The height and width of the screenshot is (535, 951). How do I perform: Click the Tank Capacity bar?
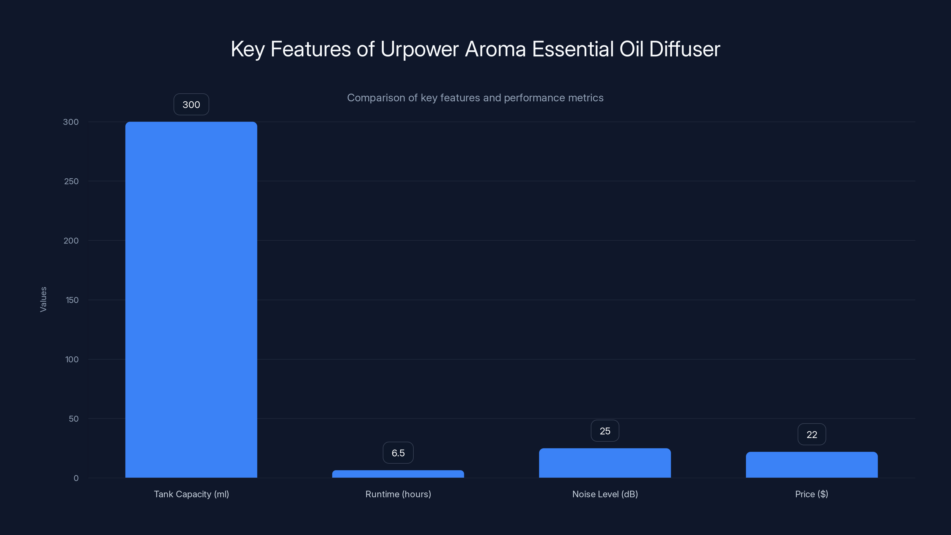point(191,299)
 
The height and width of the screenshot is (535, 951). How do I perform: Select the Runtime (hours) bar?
point(398,474)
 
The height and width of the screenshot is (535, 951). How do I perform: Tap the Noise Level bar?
point(605,463)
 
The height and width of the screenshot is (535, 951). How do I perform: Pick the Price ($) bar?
point(811,465)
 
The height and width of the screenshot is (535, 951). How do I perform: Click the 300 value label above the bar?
point(191,105)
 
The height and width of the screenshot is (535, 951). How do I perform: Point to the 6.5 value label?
point(398,453)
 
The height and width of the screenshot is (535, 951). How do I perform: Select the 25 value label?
point(605,431)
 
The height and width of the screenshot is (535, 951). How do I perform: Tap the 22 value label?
point(811,435)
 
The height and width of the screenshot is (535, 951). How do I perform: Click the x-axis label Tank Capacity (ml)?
point(191,494)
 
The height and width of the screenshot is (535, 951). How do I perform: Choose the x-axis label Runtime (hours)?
point(398,494)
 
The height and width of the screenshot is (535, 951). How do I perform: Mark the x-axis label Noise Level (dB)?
point(605,494)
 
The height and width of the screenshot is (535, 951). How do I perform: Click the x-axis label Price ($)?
point(811,494)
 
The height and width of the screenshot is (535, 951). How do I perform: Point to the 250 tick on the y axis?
point(71,181)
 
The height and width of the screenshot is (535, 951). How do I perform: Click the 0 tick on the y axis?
point(76,478)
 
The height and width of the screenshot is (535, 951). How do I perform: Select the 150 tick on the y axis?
point(72,300)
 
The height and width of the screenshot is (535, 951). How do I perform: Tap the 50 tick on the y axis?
point(73,419)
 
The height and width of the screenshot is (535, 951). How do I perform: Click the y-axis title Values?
point(43,299)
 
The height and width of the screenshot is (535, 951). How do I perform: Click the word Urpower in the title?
point(419,49)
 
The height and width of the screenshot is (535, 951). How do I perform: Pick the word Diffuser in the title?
point(684,49)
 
